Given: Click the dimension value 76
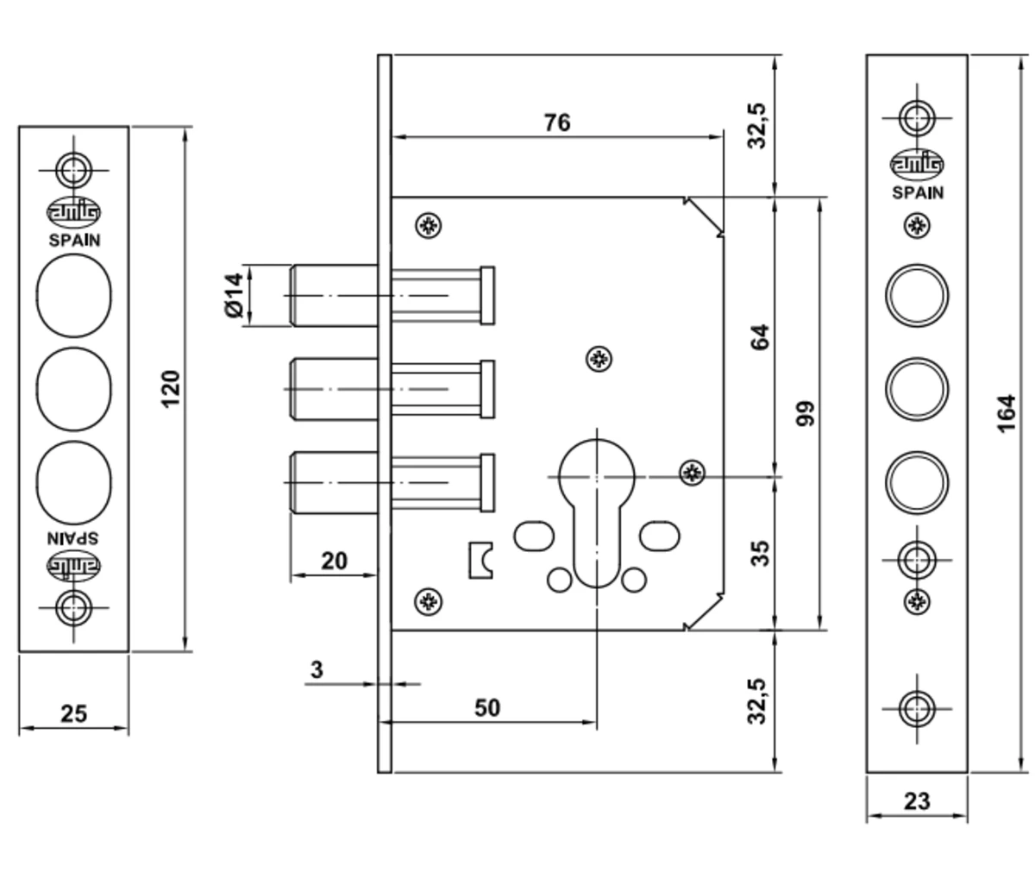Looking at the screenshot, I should pyautogui.click(x=557, y=122).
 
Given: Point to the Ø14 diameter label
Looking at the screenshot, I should pyautogui.click(x=234, y=296).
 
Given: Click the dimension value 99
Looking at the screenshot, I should pyautogui.click(x=806, y=413).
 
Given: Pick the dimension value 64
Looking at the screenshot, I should pyautogui.click(x=759, y=336).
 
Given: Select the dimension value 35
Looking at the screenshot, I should pyautogui.click(x=759, y=553).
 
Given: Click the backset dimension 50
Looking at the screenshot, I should pyautogui.click(x=487, y=707).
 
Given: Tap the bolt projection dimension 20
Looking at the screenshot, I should pyautogui.click(x=334, y=561).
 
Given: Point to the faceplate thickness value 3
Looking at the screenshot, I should pyautogui.click(x=317, y=668).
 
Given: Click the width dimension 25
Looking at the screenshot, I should pyautogui.click(x=73, y=713).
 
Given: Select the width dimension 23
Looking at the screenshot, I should pyautogui.click(x=917, y=800).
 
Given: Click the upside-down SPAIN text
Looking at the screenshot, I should pyautogui.click(x=73, y=536).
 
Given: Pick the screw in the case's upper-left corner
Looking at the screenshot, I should pyautogui.click(x=428, y=225).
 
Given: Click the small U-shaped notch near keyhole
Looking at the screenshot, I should pyautogui.click(x=480, y=560).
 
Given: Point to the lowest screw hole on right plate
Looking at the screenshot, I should pyautogui.click(x=917, y=708).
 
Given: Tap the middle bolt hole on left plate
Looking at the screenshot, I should pyautogui.click(x=74, y=389).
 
